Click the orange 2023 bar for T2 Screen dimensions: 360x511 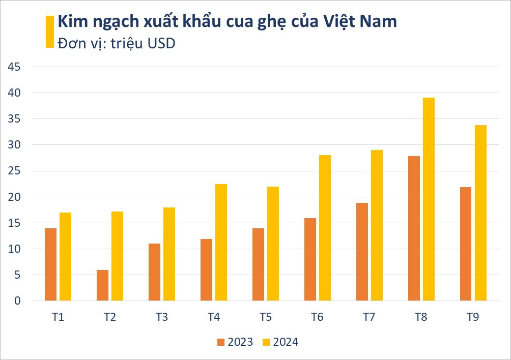102,285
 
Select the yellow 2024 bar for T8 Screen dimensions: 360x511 429,199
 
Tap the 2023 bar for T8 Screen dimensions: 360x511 414,228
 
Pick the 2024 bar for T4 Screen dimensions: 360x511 221,242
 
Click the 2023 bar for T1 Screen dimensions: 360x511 50,264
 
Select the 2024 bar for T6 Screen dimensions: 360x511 325,228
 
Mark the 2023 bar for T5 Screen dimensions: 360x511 258,264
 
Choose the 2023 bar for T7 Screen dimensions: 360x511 362,252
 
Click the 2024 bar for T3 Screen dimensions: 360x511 169,254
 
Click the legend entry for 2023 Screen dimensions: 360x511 235,342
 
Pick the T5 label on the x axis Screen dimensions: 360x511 265,317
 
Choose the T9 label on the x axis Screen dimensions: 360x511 473,317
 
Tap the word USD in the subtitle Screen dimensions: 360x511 161,43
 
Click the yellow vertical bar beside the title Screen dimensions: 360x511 49,32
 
